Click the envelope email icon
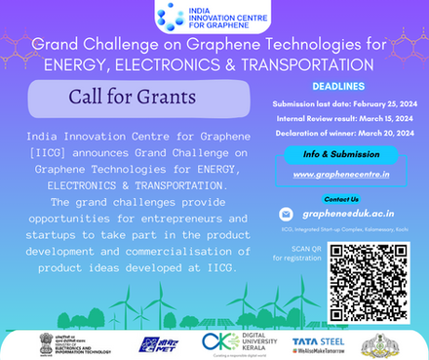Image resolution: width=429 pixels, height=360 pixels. coord(285,215)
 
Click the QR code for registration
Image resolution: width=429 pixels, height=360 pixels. coord(369,278)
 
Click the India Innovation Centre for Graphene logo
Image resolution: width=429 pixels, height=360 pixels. coord(214,18)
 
